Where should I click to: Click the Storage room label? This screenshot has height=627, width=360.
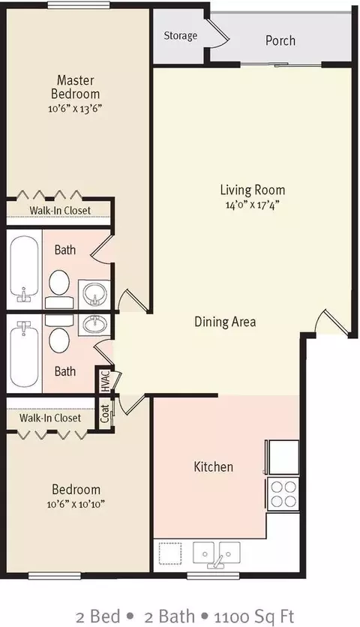[x=181, y=36]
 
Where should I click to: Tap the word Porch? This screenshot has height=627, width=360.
[x=280, y=40]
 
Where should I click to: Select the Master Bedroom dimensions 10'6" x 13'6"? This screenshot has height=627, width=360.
[x=75, y=108]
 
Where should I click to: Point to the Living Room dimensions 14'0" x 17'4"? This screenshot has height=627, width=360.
[x=252, y=205]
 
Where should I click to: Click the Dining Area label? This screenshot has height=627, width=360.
[x=225, y=322]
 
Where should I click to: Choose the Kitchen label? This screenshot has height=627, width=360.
[x=213, y=466]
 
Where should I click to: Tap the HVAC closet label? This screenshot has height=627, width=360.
[x=105, y=380]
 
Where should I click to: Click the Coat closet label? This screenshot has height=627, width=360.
[x=105, y=414]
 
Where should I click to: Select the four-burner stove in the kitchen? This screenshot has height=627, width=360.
[x=283, y=493]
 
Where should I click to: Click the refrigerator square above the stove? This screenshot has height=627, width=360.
[x=283, y=457]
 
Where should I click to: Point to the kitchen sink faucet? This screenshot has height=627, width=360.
[x=217, y=561]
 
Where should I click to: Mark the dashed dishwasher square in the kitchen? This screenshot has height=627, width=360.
[x=170, y=553]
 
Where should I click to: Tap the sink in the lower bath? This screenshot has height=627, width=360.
[x=94, y=323]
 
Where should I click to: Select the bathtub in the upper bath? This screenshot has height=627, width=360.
[x=25, y=270]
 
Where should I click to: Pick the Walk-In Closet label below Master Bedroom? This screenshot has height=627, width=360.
[x=60, y=210]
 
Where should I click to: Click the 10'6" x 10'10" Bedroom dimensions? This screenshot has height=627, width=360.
[x=76, y=504]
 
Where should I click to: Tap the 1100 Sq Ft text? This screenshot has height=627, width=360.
[x=254, y=616]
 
